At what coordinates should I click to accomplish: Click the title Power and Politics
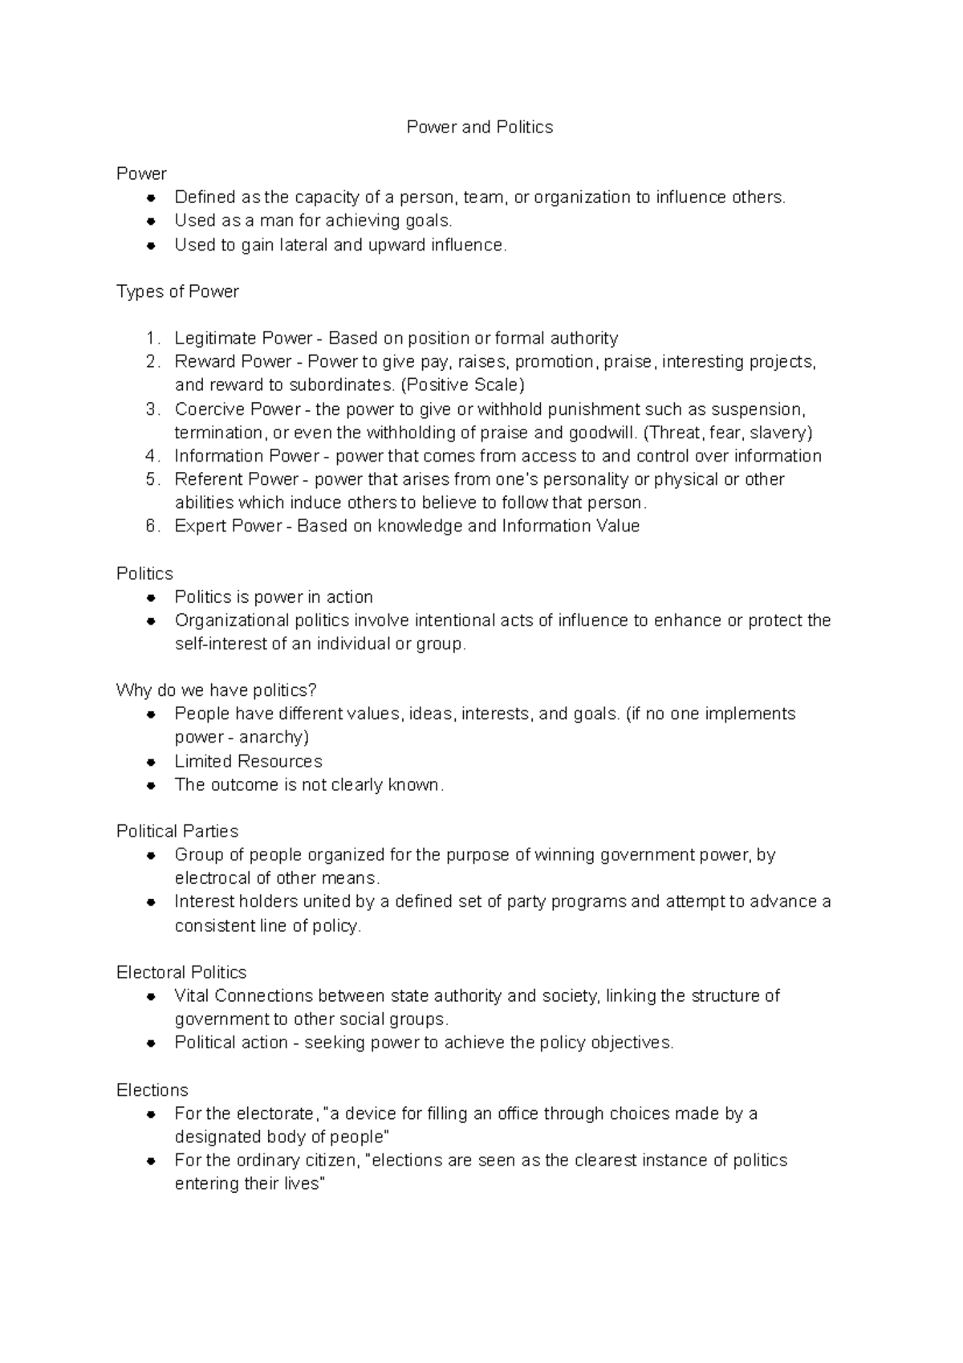[479, 127]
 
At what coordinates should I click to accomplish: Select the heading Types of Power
[177, 291]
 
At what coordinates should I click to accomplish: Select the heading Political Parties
[177, 831]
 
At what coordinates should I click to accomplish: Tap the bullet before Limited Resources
[150, 762]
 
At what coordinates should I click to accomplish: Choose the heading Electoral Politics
[181, 972]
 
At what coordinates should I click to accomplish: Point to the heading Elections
[152, 1090]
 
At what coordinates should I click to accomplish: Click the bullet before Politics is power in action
[150, 598]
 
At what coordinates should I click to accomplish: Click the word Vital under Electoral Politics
[192, 995]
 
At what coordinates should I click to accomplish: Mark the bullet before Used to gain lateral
[150, 246]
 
